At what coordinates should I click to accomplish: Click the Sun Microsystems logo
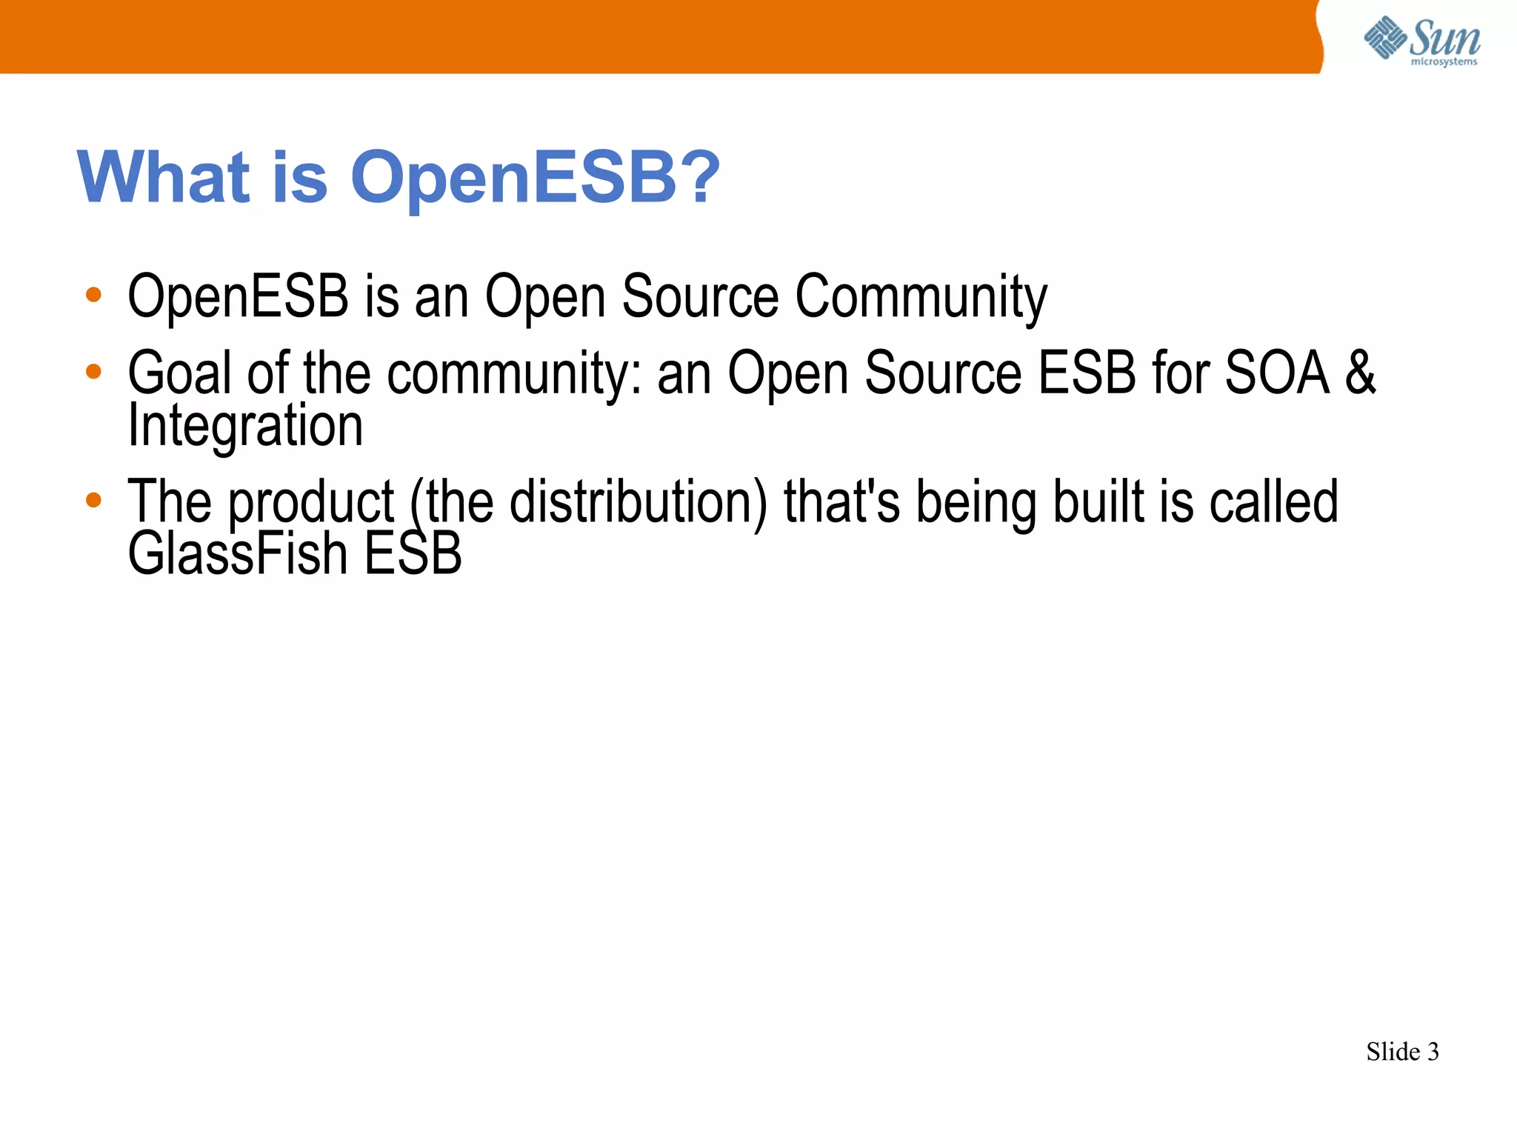(1421, 41)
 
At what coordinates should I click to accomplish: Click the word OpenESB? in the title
(535, 177)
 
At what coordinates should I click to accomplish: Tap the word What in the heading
(164, 177)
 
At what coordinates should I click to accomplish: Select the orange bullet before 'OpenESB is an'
(93, 295)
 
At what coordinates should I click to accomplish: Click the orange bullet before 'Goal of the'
(93, 371)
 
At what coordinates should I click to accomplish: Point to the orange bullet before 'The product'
(93, 500)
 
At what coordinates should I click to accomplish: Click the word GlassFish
(237, 554)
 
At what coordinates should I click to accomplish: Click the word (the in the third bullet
(451, 502)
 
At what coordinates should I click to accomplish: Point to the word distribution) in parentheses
(639, 502)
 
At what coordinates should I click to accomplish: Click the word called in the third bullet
(1273, 502)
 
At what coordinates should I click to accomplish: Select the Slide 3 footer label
(1401, 1052)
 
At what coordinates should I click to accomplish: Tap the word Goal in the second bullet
(180, 373)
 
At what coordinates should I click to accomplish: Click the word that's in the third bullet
(841, 502)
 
